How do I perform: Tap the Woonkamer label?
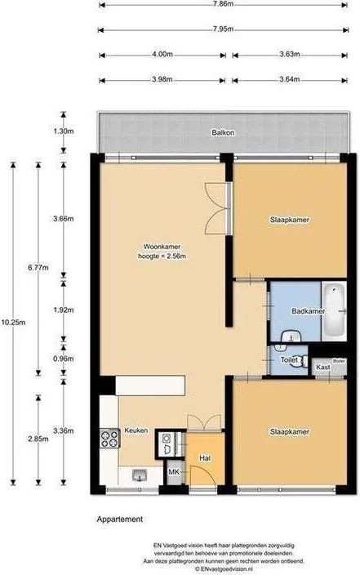click(162, 246)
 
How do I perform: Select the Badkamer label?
click(308, 311)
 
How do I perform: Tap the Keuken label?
click(136, 430)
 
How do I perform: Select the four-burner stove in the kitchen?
click(108, 439)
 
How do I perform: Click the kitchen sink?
click(138, 475)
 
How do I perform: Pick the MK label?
click(174, 472)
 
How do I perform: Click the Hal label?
click(205, 458)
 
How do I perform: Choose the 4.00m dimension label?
click(162, 55)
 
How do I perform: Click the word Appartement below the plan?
click(120, 519)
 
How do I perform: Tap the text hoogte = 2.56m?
click(162, 257)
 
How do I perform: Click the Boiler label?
click(339, 360)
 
